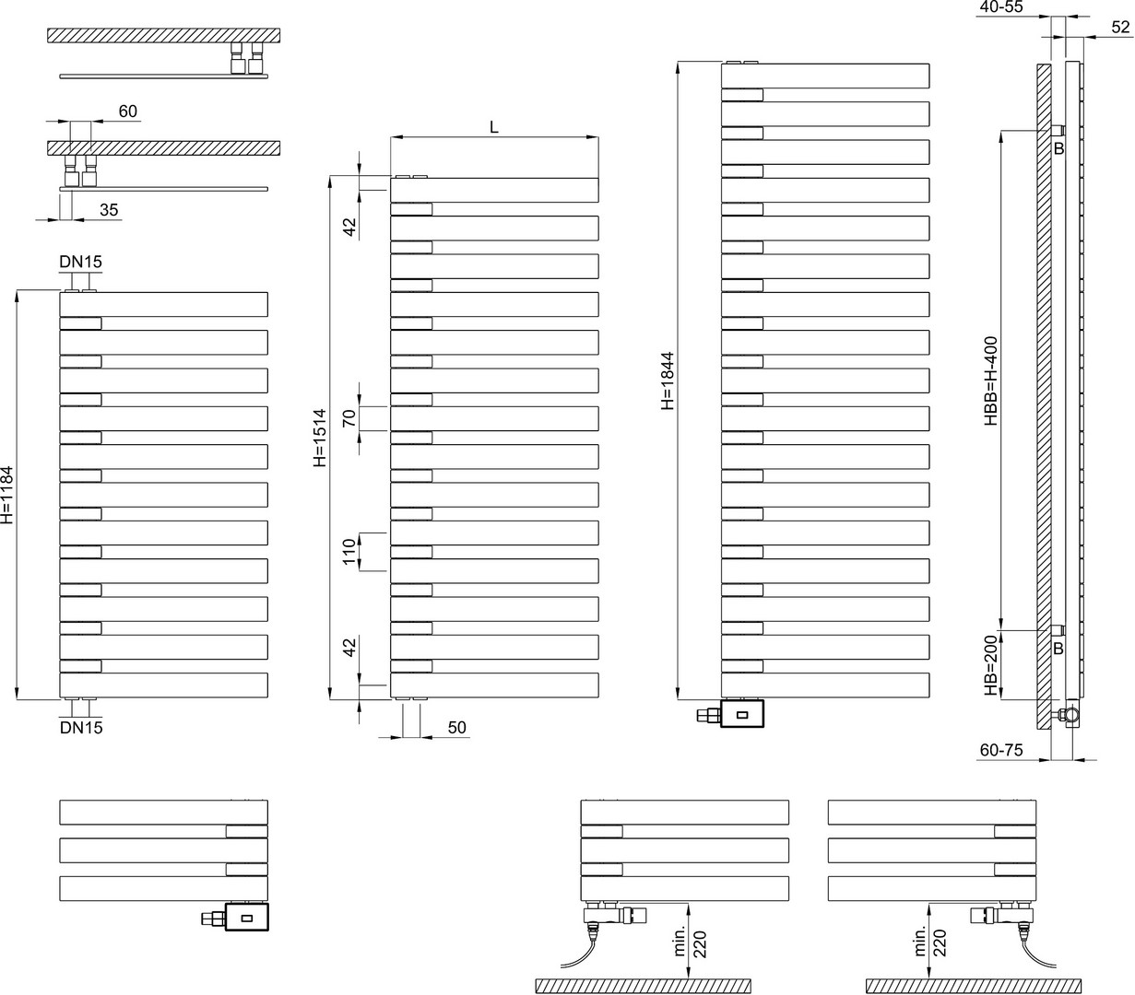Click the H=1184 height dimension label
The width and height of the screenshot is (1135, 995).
coord(7,495)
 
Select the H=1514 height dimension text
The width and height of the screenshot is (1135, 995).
coord(319,438)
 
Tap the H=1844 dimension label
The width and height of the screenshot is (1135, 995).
coord(668,380)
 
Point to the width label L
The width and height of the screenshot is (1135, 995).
coord(493,127)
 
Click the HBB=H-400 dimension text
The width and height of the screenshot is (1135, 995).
coord(991,380)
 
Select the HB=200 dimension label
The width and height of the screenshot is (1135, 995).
coord(991,665)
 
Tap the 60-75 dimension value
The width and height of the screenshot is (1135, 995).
coord(1002,750)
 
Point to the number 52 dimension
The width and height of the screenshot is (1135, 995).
coord(1120,27)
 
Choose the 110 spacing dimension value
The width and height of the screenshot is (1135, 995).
coord(349,552)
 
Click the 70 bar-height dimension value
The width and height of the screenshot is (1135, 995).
coord(349,418)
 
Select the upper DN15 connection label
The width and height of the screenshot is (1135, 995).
coord(81,262)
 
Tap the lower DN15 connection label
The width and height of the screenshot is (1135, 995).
coord(81,727)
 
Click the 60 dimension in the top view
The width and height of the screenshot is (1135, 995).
coord(128,111)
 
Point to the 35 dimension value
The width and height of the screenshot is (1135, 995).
coord(109,209)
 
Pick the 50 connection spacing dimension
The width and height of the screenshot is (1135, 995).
coord(457,727)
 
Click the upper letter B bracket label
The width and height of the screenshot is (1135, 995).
coord(1058,148)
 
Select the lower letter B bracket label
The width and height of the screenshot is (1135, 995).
coord(1058,649)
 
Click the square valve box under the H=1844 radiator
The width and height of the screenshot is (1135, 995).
coord(742,714)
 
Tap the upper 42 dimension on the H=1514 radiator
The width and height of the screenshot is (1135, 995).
coord(349,227)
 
